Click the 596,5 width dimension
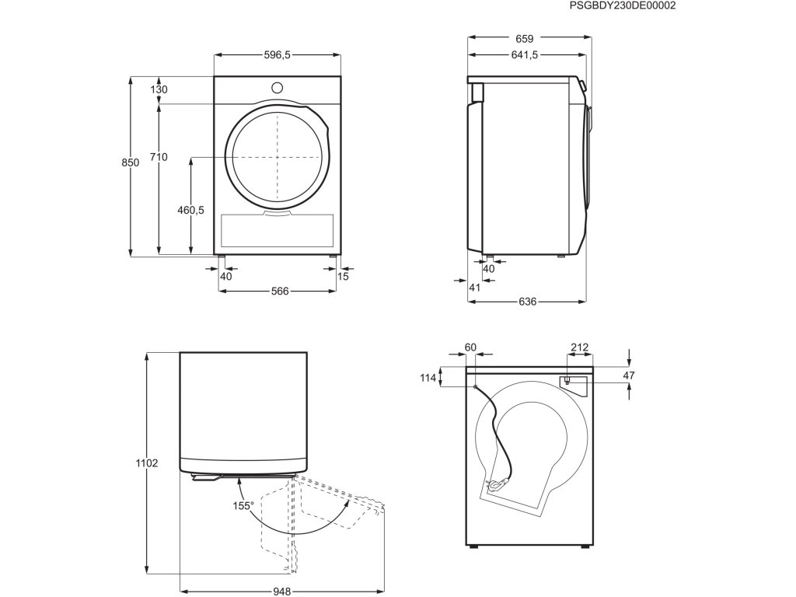tap(277, 55)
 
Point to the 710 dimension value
tap(159, 157)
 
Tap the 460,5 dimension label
tap(190, 210)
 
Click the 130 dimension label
tap(159, 89)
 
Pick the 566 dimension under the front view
tap(280, 292)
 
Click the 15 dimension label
tap(344, 276)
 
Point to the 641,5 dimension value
tap(525, 55)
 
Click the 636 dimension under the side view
tap(527, 302)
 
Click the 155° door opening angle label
tap(243, 506)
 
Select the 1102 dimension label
tap(147, 463)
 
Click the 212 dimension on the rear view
tap(579, 347)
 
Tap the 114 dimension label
tap(428, 379)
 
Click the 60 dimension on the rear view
tap(470, 347)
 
